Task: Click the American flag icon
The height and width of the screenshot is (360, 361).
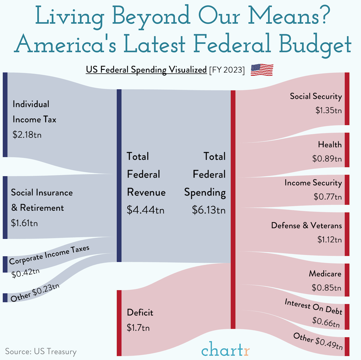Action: [262, 70]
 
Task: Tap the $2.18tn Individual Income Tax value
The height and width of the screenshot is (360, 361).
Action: [27, 135]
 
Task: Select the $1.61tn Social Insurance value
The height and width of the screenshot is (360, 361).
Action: [24, 223]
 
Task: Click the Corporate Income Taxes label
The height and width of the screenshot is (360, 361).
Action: [49, 255]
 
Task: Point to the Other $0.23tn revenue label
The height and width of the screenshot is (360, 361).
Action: [35, 293]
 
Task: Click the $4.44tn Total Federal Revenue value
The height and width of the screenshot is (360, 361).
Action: [146, 210]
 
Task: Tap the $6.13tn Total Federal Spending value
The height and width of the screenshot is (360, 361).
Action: [209, 210]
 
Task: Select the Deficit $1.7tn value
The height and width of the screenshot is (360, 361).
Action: [138, 327]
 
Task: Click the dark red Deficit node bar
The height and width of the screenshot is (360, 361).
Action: [119, 323]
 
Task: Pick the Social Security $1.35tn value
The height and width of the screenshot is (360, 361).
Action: [328, 110]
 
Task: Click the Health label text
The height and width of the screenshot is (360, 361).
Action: [330, 145]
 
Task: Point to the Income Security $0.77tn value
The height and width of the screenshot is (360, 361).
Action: [328, 197]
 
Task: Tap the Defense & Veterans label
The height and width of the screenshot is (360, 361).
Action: [306, 225]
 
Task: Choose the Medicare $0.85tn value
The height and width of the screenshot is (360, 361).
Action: [327, 288]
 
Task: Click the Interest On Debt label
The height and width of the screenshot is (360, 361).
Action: [313, 306]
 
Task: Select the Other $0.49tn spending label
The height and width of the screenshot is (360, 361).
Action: [318, 341]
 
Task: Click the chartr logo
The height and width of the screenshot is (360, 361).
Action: [225, 350]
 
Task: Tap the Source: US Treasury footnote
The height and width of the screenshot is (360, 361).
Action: [41, 352]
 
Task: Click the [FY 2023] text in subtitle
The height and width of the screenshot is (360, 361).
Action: [227, 70]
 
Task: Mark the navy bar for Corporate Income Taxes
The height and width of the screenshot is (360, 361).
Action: [5, 264]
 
